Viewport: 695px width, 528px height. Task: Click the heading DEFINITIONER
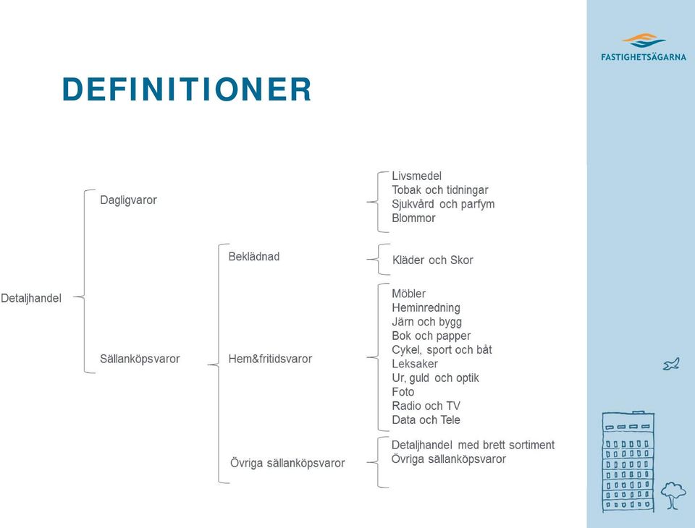tap(187, 89)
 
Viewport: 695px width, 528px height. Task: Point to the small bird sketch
tap(671, 364)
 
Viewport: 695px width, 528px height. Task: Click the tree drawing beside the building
tap(673, 495)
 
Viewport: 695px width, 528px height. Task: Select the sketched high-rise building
tap(628, 461)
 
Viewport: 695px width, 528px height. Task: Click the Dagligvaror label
tap(129, 200)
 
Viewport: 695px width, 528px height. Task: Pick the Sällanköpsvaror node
tap(140, 359)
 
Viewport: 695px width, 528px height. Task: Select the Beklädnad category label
tap(254, 257)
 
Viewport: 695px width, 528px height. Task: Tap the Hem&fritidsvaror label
tap(270, 359)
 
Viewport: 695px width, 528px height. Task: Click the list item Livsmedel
tap(417, 176)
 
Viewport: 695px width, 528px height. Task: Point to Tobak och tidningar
tap(439, 190)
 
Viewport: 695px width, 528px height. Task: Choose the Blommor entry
tap(413, 218)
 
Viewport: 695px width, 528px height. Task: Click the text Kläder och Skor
tap(433, 260)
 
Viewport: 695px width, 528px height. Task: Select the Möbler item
tap(408, 294)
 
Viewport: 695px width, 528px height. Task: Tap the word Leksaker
tap(415, 364)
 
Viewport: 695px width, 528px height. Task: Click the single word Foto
tap(403, 392)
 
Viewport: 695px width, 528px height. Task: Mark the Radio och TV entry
tap(426, 406)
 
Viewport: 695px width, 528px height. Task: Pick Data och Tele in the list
tap(426, 420)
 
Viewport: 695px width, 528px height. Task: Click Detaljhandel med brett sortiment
tap(473, 445)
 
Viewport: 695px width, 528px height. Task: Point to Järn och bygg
tap(426, 322)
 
